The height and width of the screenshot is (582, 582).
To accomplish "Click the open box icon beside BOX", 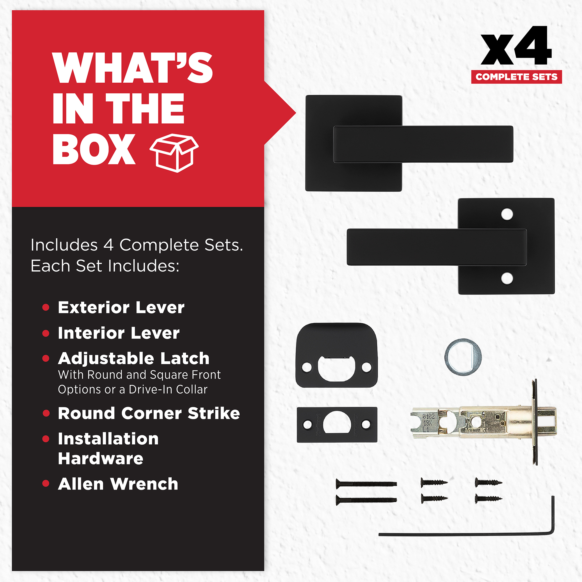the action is (x=174, y=153).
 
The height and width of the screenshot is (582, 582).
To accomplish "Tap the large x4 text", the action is (x=516, y=45).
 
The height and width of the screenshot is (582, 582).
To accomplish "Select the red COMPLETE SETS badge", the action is (x=516, y=77).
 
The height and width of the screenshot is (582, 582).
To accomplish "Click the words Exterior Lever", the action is (x=121, y=308).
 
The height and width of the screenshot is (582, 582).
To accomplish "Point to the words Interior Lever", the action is (x=119, y=333).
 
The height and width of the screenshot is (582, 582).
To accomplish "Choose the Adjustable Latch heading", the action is (x=134, y=359).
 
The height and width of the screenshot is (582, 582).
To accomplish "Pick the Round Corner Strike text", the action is (x=149, y=413).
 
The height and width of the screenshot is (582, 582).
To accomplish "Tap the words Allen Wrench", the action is (x=118, y=484).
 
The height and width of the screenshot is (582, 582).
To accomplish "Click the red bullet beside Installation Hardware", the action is (x=46, y=439).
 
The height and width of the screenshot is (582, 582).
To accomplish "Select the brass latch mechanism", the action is (x=483, y=422).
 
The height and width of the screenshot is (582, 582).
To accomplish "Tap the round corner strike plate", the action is (x=336, y=356).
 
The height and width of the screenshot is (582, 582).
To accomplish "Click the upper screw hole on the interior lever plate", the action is (x=507, y=214).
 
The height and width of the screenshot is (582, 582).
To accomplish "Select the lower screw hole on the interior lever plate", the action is (x=507, y=279).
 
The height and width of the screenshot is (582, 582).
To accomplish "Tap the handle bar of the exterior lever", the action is (x=423, y=144).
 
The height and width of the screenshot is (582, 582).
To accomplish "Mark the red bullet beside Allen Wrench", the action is (x=46, y=483).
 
